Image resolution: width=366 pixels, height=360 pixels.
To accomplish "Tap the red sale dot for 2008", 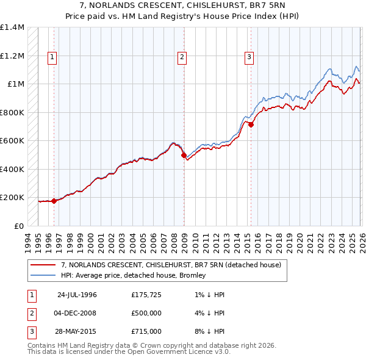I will [x=184, y=155].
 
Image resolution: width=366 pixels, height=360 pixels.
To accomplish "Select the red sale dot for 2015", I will [x=251, y=124].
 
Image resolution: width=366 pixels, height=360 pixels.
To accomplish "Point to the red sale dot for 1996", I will [x=54, y=201].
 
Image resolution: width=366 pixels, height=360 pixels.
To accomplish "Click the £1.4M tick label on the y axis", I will [x=12, y=27].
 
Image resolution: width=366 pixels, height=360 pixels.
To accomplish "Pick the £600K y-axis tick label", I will [x=12, y=141].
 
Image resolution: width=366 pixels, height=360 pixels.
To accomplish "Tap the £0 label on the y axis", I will [x=18, y=226].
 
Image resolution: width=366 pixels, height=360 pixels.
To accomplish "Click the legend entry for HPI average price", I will [x=133, y=275].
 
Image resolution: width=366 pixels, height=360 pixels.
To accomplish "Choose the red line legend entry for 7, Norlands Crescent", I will [x=171, y=265].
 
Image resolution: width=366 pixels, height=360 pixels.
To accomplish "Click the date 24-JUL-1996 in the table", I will [x=77, y=295].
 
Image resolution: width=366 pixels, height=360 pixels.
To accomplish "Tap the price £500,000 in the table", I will [x=146, y=314].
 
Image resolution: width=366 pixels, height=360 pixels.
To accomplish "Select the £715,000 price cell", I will [x=146, y=333].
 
